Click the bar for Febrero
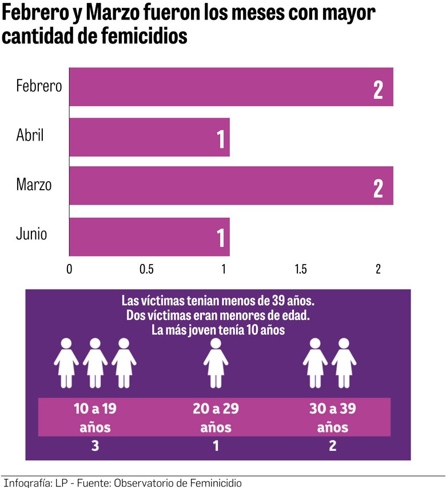point(231,87)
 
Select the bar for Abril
point(149,137)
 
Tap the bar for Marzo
point(231,186)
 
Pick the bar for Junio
point(149,237)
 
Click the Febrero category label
point(39,87)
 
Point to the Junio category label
point(31,234)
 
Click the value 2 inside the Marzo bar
point(378,189)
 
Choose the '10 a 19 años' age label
point(95,418)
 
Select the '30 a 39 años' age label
point(332,418)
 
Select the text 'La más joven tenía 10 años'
point(218,330)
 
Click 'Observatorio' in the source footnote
point(146,483)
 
